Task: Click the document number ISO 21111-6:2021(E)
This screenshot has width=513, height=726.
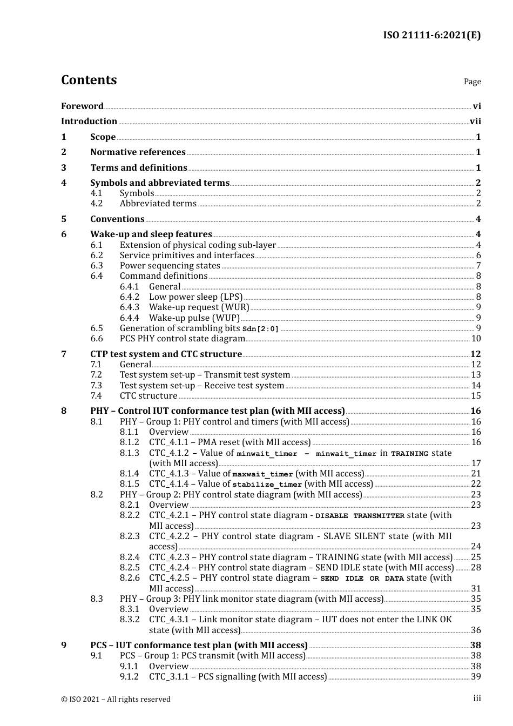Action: (x=431, y=35)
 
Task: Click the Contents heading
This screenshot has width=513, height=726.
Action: (x=89, y=80)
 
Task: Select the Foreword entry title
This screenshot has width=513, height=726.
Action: (x=82, y=106)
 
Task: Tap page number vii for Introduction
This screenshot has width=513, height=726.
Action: (x=475, y=122)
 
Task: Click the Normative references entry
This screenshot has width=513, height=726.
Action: (x=138, y=152)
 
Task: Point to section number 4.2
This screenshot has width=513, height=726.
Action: (x=96, y=204)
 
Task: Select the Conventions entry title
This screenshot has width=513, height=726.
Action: (x=117, y=219)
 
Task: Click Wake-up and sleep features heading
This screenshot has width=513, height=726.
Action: (x=151, y=234)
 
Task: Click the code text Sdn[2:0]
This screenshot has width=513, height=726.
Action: (x=260, y=329)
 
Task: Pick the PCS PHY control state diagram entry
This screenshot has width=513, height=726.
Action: (x=182, y=339)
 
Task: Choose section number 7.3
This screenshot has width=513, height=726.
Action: (x=96, y=386)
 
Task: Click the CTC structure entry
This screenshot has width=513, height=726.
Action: (x=148, y=396)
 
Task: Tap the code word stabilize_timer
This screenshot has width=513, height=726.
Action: (x=267, y=485)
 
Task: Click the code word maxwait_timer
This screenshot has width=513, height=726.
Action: (x=262, y=474)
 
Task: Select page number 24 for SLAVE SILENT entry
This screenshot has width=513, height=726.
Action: (x=476, y=547)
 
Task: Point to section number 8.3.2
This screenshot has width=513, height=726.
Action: (x=129, y=620)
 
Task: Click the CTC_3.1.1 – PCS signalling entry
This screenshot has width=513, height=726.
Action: (x=238, y=677)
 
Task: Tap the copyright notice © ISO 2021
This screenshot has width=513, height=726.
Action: (x=116, y=699)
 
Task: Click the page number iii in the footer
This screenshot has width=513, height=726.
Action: (x=477, y=698)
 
